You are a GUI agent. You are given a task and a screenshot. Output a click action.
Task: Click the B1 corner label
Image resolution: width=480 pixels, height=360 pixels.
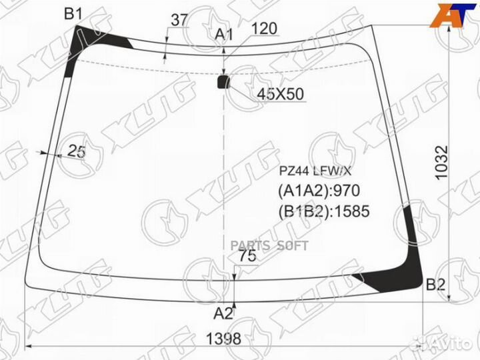[x=73, y=14]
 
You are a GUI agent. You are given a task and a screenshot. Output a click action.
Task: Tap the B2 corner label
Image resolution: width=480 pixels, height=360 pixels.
[x=435, y=285]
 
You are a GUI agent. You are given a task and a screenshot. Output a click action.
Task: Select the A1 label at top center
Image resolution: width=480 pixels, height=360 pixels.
[x=224, y=35]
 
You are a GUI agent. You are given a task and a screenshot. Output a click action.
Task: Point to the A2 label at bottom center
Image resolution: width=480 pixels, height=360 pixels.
[x=223, y=313]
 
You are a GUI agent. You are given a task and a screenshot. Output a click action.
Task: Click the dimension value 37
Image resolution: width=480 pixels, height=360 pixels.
[x=179, y=20]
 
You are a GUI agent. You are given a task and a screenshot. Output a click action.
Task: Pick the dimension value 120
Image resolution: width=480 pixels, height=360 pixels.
[x=264, y=29]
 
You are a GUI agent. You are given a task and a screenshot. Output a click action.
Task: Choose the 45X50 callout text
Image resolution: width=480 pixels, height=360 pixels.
[x=280, y=94]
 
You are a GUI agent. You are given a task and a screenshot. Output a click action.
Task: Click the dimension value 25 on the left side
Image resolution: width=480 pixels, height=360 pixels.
[x=76, y=151]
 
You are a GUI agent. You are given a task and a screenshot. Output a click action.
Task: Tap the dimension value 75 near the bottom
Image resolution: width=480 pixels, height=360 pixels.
[x=247, y=256]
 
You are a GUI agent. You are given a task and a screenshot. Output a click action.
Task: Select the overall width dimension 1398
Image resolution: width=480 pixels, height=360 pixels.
[x=223, y=339]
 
